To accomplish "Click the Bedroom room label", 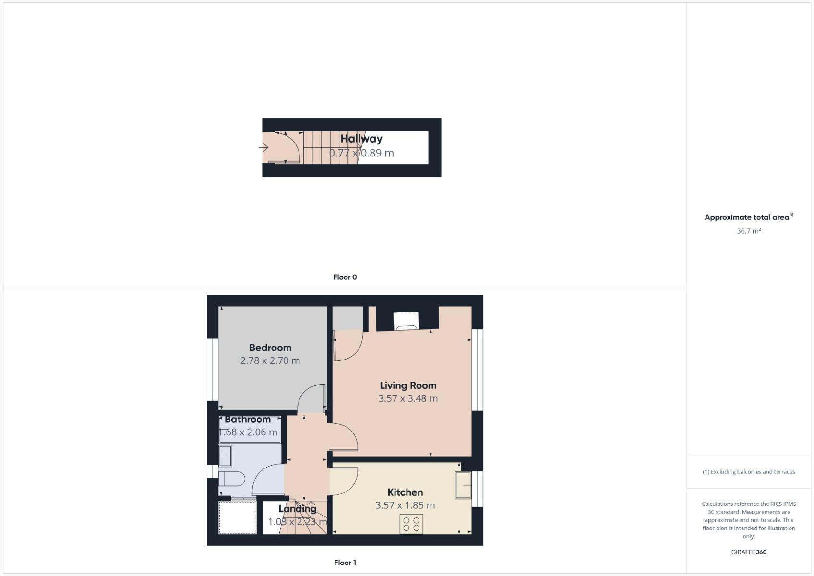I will [270, 348].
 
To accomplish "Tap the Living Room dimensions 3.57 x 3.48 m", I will [407, 398].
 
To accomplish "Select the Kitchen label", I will [405, 492].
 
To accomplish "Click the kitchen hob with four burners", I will [411, 524].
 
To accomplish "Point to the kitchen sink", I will [463, 485].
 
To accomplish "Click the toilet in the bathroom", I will [232, 479].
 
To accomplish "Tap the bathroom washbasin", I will [225, 456].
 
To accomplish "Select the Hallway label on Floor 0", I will [361, 139].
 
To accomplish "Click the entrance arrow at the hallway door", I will [263, 147].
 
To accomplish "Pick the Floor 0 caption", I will [345, 277].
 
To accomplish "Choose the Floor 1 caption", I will [345, 563].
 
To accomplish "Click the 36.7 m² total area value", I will [749, 231].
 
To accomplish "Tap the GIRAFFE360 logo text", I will [749, 552].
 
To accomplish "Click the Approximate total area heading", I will [748, 217].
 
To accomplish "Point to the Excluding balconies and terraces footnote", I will [749, 472].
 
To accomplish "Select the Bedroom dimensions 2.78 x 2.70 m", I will [270, 360].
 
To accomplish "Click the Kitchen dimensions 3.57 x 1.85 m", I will [405, 505].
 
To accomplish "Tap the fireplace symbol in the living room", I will [406, 321].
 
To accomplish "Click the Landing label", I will [297, 509].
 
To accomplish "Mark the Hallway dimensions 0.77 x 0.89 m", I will [361, 153].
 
